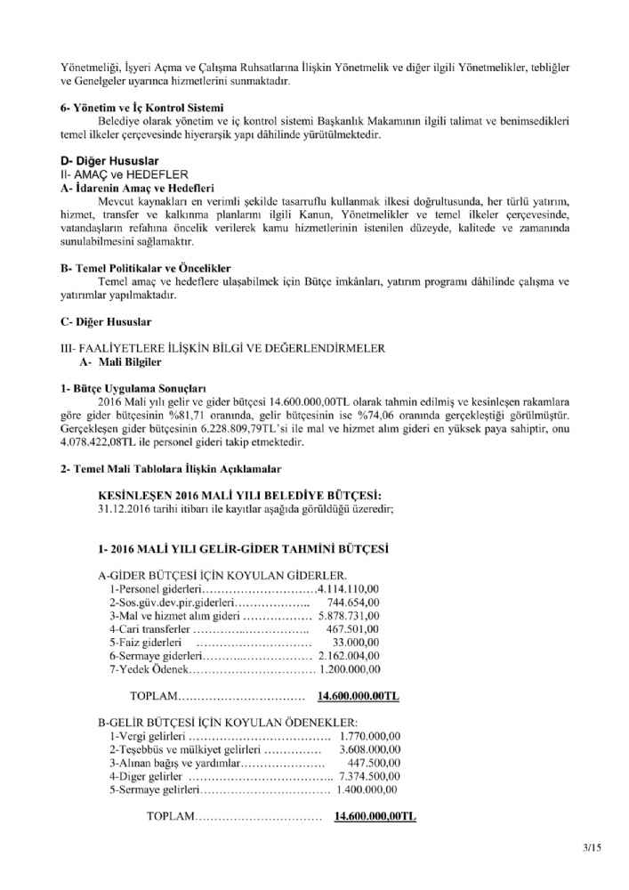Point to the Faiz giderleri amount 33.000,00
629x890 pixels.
tap(359, 642)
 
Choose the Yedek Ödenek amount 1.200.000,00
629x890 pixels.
tap(350, 669)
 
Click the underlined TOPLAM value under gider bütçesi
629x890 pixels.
tap(351, 696)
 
